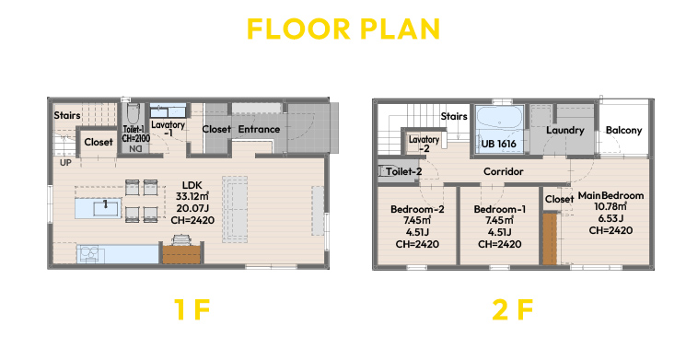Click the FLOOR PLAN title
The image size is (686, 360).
343,29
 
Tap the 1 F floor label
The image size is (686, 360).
192,309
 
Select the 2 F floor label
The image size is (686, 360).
512,309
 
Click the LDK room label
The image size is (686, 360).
192,185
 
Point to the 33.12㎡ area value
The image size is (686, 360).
192,197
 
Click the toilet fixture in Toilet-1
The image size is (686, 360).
133,113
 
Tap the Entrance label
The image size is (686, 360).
259,129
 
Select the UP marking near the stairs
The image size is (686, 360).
65,163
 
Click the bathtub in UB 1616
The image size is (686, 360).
499,116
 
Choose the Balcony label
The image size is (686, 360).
623,131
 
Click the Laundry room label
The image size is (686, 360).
564,131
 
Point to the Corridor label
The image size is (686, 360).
503,171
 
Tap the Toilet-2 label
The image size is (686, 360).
403,171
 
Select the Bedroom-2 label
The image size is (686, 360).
417,210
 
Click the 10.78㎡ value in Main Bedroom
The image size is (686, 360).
610,206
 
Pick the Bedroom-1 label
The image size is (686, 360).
500,210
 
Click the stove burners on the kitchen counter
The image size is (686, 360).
90,254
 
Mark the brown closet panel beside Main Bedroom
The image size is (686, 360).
550,238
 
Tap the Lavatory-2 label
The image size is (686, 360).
424,144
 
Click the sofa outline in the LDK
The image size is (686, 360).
235,209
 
